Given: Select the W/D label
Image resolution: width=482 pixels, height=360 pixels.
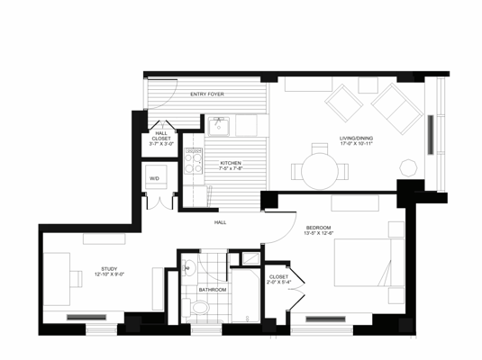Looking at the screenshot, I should [154, 178].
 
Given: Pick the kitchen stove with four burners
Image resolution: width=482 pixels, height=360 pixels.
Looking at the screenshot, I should [193, 159].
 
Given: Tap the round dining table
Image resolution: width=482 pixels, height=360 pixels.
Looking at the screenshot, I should [319, 170].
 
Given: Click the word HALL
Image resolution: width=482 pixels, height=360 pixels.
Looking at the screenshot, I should [219, 221].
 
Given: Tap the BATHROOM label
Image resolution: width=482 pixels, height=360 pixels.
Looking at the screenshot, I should [214, 290].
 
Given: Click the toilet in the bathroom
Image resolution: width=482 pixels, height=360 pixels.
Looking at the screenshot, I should [199, 310].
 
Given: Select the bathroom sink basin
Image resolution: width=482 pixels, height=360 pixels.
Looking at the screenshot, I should [190, 270].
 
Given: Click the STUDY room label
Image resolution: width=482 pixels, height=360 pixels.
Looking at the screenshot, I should [109, 268].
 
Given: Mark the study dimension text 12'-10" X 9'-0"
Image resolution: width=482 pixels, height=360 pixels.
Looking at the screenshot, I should [109, 274].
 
